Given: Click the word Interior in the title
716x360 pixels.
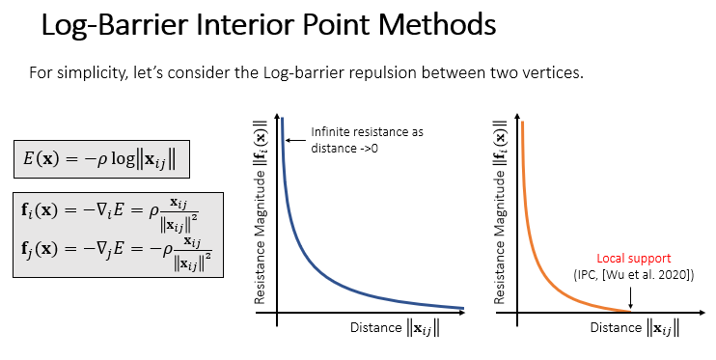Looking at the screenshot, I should coord(238,26).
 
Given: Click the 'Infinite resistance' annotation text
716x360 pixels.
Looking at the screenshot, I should coord(367,139).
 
